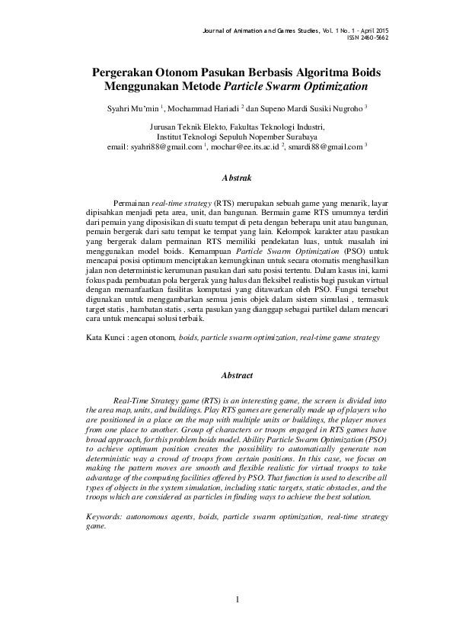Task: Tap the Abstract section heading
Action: tap(236, 376)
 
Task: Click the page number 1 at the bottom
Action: tap(238, 600)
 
